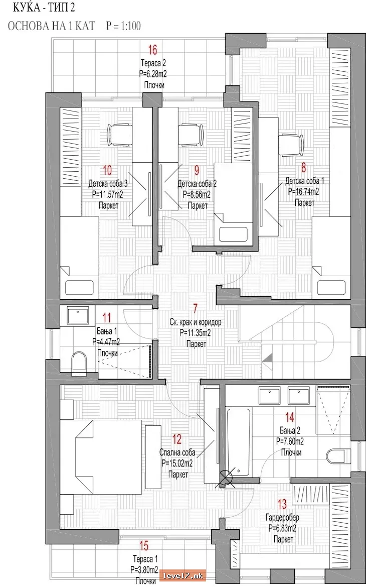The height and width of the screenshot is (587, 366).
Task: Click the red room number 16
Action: coord(152,49)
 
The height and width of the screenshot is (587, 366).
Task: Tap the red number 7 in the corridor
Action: coord(195,308)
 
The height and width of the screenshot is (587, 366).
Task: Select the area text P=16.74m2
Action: coord(303,192)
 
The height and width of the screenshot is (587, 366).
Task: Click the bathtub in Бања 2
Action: coord(239,442)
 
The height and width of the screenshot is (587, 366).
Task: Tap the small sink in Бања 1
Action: coord(78,316)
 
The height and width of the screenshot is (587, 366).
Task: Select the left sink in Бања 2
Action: coord(269,396)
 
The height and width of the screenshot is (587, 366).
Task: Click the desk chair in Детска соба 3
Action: coord(120,135)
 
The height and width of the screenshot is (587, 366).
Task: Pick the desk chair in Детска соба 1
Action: coord(291,145)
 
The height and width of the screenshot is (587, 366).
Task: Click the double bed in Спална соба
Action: coord(101,453)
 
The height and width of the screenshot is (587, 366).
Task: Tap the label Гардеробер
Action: coord(283,518)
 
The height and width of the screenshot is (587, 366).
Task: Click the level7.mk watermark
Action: coord(182,575)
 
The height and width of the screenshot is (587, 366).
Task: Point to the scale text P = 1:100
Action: coord(123,26)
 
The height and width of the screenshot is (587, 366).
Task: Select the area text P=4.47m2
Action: coord(106,341)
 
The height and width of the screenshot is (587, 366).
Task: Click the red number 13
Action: coord(282,504)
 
